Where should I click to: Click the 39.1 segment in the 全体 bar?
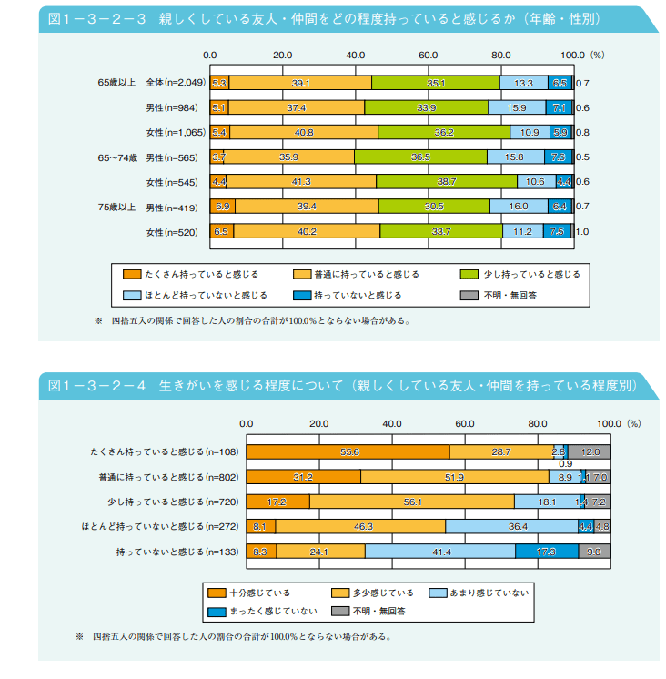tap(300, 83)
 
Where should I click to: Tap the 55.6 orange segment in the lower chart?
tap(348, 452)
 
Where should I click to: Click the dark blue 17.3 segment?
tap(546, 551)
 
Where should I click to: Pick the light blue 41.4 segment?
tap(439, 551)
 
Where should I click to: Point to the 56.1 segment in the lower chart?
tap(412, 502)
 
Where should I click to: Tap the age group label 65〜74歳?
tap(117, 157)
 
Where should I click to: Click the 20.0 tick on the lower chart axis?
tap(318, 423)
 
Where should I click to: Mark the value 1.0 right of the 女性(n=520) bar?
tap(582, 232)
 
